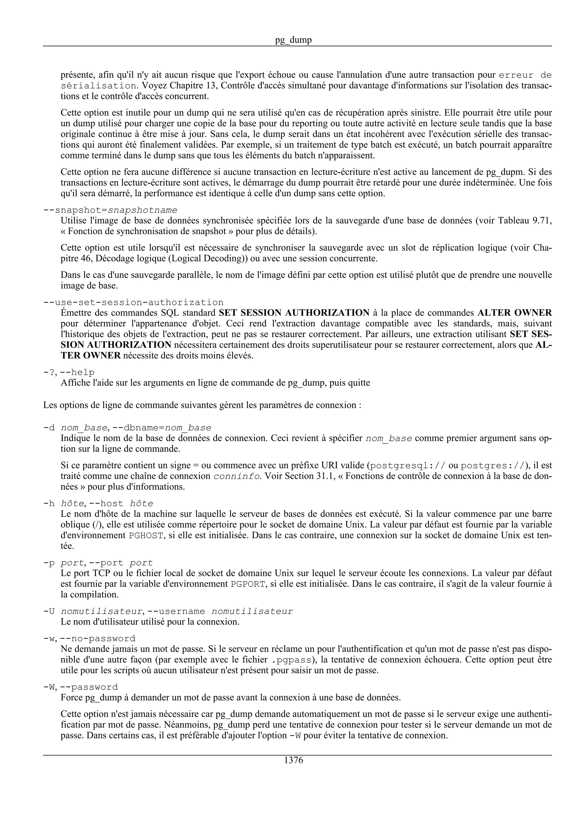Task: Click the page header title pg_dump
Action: click(293, 40)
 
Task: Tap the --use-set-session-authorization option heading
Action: click(133, 303)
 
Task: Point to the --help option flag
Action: click(77, 373)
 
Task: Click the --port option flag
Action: click(106, 563)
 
